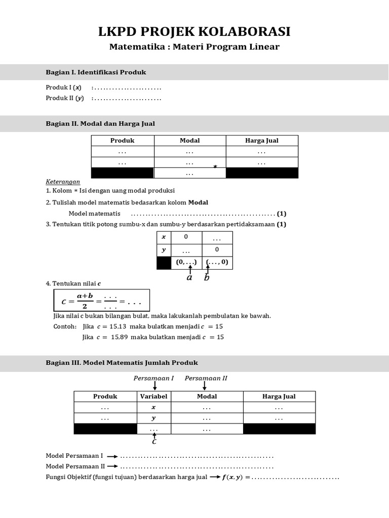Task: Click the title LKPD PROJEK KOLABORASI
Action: (x=194, y=32)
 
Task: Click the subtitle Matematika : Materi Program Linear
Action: (x=194, y=47)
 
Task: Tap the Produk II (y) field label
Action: (x=65, y=98)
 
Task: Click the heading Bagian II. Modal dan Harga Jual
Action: (x=100, y=123)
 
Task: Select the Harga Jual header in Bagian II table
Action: (x=261, y=141)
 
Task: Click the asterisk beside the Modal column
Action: (x=215, y=167)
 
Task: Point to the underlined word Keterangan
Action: (x=63, y=182)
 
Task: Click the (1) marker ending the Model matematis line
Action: (x=282, y=213)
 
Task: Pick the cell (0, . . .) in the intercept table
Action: (x=186, y=263)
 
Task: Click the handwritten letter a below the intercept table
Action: (x=189, y=277)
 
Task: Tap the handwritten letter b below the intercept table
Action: (x=207, y=277)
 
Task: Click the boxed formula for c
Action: (x=101, y=300)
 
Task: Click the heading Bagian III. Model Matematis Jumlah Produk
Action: (x=122, y=363)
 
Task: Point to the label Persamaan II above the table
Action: (x=206, y=378)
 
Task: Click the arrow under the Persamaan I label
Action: (x=154, y=386)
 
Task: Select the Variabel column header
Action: (x=154, y=397)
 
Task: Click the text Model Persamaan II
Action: (x=75, y=466)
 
